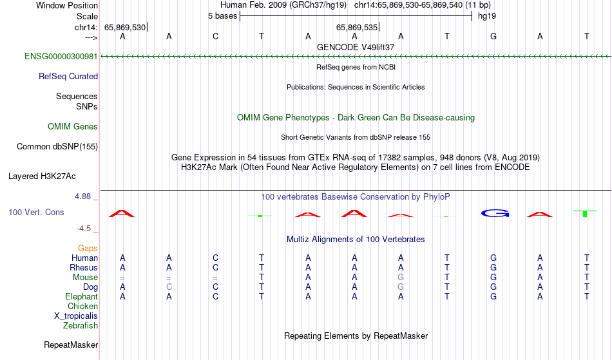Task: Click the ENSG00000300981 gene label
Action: pos(61,57)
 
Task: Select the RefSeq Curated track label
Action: pos(68,77)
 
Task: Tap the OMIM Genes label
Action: pos(73,127)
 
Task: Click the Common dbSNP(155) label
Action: pos(57,147)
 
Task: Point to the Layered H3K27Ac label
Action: pos(42,176)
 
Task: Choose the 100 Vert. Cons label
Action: pos(36,212)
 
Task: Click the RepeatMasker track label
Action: pos(71,345)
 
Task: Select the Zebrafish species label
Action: pos(81,326)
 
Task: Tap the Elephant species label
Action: pos(82,297)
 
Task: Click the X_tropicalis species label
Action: pos(76,316)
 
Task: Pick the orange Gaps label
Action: pos(88,249)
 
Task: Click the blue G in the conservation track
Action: pos(495,213)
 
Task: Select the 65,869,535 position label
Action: pos(357,27)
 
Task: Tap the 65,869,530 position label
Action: pos(125,27)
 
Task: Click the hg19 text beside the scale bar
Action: pos(487,16)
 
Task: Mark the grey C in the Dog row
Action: pos(169,287)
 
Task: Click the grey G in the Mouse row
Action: pos(401,278)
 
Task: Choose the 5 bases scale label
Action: pos(222,16)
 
